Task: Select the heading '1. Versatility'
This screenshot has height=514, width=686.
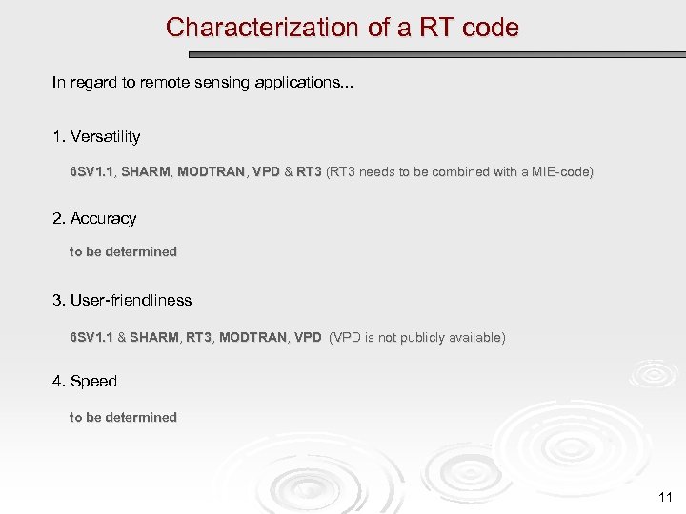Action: click(96, 137)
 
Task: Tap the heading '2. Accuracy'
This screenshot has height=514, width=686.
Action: click(94, 219)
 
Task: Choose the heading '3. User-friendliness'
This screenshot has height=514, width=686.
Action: click(122, 301)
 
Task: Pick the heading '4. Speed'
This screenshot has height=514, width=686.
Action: click(85, 382)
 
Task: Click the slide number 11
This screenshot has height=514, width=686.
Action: click(665, 497)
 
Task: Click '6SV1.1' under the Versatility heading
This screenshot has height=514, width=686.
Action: click(91, 172)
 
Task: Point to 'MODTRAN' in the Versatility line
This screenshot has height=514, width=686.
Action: click(212, 172)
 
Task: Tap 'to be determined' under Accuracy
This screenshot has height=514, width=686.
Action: click(123, 252)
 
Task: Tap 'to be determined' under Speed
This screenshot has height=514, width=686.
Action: click(123, 418)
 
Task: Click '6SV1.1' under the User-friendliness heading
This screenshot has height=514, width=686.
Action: click(91, 338)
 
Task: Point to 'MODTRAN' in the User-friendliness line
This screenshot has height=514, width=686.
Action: click(252, 338)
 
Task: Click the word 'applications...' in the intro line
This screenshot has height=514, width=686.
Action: click(306, 83)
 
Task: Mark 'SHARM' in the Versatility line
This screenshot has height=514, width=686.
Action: click(146, 172)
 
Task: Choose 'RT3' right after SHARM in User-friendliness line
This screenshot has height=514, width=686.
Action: click(198, 338)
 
